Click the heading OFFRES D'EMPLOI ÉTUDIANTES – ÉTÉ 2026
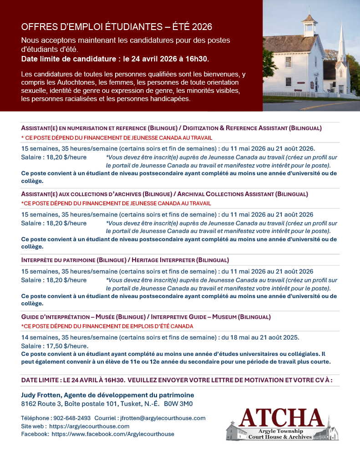point(117,27)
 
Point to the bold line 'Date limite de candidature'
point(115,59)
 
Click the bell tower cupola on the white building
point(309,25)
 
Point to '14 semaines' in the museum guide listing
point(40,337)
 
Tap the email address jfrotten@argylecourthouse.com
point(163,418)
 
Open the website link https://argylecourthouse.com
point(89,426)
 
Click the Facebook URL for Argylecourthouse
point(113,434)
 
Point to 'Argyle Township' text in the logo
point(282,431)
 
